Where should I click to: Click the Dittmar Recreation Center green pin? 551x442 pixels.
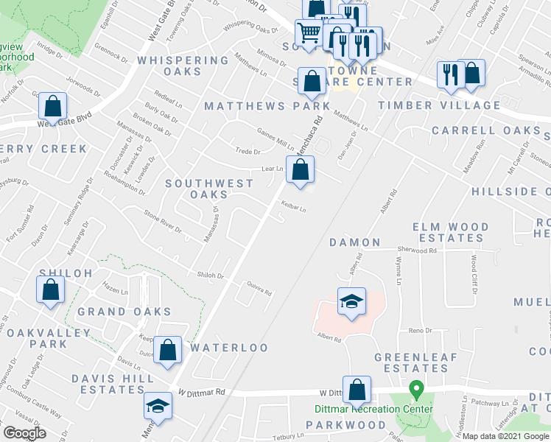click(416, 388)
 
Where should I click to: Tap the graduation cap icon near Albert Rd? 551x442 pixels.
click(351, 301)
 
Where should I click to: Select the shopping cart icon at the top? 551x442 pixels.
click(309, 32)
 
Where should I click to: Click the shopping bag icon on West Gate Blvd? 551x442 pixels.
click(52, 106)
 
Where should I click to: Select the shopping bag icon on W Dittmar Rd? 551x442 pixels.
click(357, 389)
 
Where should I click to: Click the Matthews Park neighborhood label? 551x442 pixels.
click(267, 106)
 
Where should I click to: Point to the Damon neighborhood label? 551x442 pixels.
click(354, 242)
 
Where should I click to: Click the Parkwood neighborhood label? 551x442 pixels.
click(345, 425)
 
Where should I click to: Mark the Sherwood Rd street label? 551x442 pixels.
click(417, 250)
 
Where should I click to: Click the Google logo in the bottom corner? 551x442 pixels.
click(24, 433)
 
